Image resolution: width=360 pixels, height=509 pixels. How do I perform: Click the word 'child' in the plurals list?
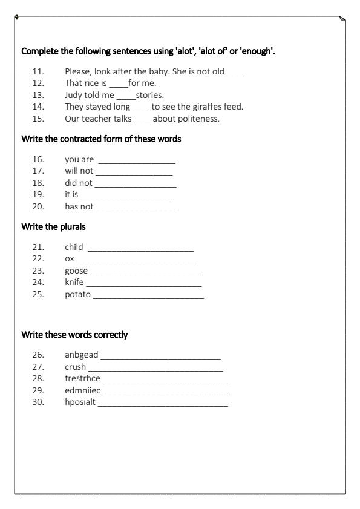click(x=74, y=248)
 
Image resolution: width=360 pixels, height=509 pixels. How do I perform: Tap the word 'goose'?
click(x=76, y=271)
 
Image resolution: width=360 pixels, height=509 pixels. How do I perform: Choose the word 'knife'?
click(x=74, y=283)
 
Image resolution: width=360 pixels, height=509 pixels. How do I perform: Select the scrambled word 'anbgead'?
click(x=81, y=355)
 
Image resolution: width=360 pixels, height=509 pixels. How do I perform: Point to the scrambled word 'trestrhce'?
click(x=83, y=378)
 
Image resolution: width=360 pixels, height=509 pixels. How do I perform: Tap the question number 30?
click(x=39, y=402)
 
